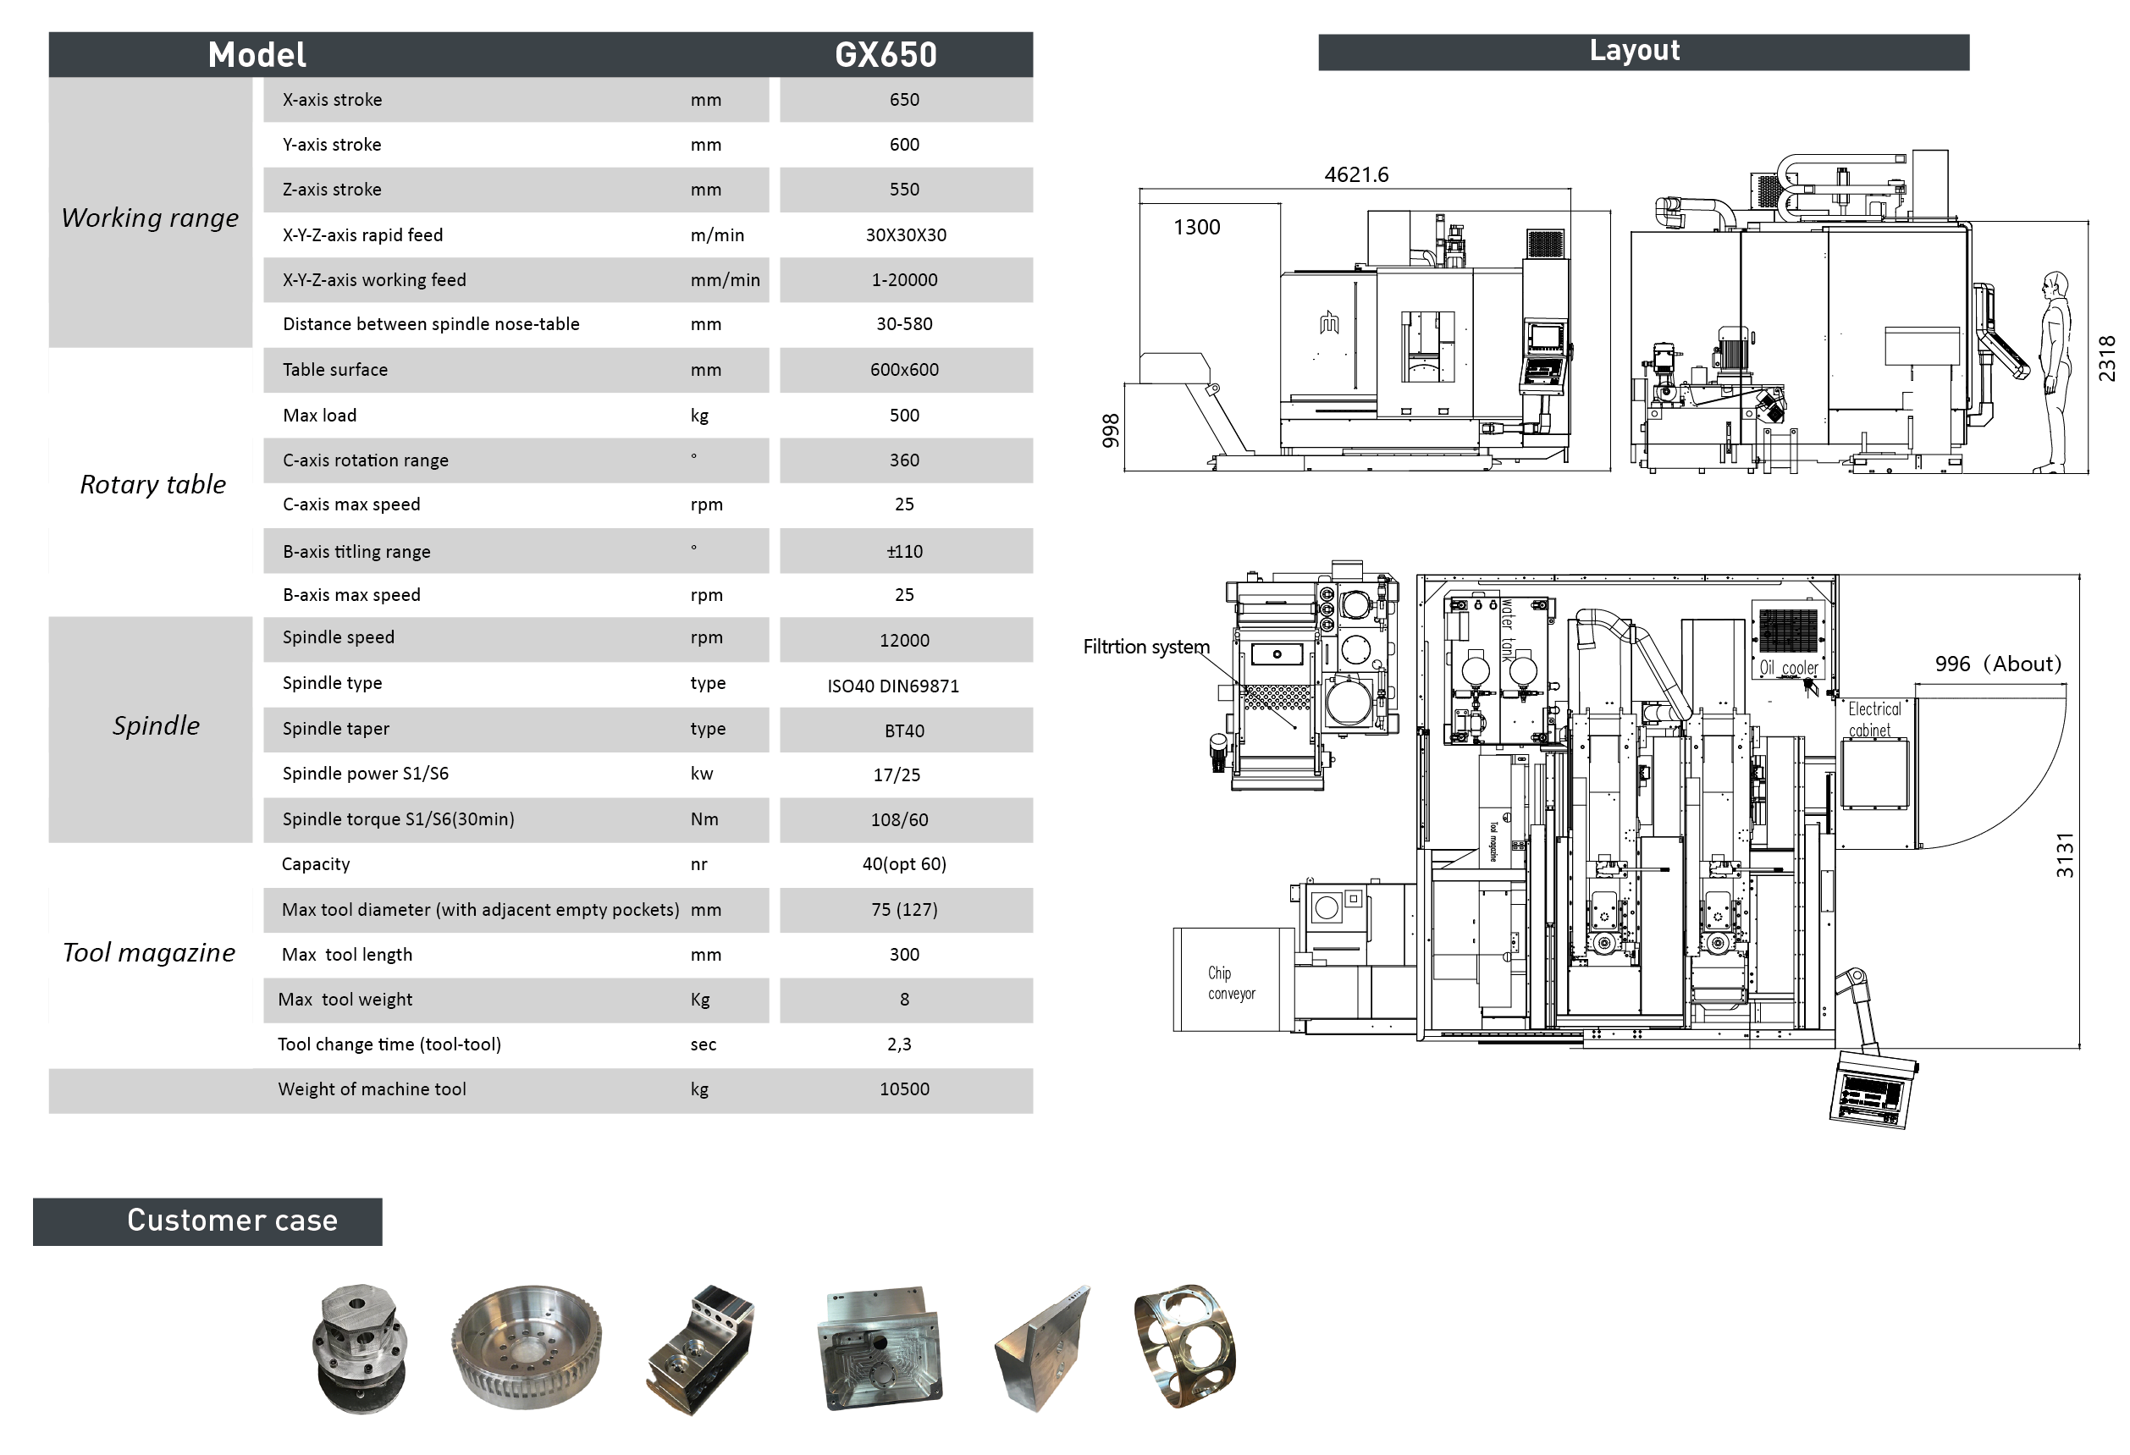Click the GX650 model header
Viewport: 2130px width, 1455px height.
pos(885,55)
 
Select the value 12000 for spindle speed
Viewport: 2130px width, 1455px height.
pos(903,641)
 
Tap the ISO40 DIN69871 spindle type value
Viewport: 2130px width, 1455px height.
pos(892,686)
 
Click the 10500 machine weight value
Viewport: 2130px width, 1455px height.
pos(903,1089)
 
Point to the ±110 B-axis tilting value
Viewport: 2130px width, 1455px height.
pos(903,552)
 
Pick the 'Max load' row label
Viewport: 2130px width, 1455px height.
pos(319,415)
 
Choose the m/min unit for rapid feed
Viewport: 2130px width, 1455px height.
pos(717,235)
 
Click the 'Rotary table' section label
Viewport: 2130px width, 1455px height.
pos(153,485)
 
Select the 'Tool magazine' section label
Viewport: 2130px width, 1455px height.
pos(149,953)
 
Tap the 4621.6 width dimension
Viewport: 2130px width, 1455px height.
pos(1355,175)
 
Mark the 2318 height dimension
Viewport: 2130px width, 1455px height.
pos(2106,358)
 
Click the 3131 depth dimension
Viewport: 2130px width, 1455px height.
pos(2064,856)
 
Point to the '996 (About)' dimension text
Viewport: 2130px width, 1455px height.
pos(1997,664)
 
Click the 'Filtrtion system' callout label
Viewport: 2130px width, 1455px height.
pos(1145,647)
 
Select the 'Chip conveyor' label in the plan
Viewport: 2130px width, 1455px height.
pos(1231,984)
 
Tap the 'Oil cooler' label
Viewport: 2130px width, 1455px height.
pos(1788,668)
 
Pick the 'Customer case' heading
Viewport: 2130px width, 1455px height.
pos(232,1221)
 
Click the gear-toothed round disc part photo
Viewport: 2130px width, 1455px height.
pos(526,1347)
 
